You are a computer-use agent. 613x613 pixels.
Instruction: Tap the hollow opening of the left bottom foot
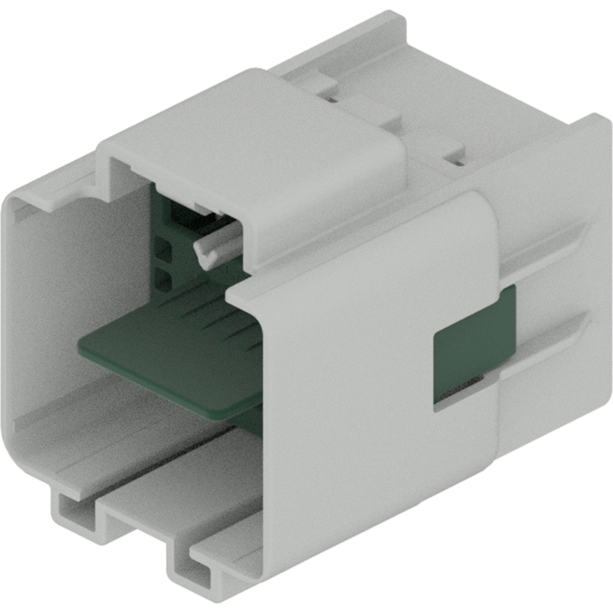[x=74, y=514]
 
